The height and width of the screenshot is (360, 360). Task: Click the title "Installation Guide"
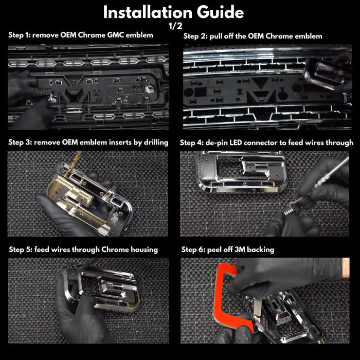173,12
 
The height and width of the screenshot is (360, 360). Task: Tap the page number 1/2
175,26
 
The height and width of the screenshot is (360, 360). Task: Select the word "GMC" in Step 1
116,35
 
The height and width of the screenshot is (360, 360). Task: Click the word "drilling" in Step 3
156,142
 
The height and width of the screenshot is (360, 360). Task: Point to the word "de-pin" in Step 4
217,143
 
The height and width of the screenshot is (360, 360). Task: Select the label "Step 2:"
195,37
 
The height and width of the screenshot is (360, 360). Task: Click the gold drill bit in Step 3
75,161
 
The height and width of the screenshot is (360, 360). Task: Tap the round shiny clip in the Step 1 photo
150,88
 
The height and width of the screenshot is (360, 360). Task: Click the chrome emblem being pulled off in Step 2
326,73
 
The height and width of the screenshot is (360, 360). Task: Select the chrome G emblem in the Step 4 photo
242,171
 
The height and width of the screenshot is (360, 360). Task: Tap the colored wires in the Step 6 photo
259,323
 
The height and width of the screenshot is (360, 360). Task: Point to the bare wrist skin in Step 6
346,268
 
